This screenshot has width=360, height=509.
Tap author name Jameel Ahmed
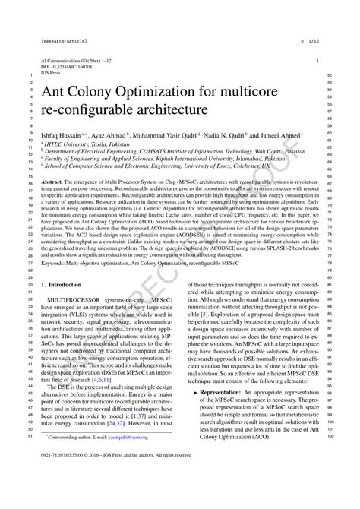tap(283, 135)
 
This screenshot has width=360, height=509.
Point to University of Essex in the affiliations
tap(215, 163)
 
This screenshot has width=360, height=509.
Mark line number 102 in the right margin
tap(330, 457)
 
